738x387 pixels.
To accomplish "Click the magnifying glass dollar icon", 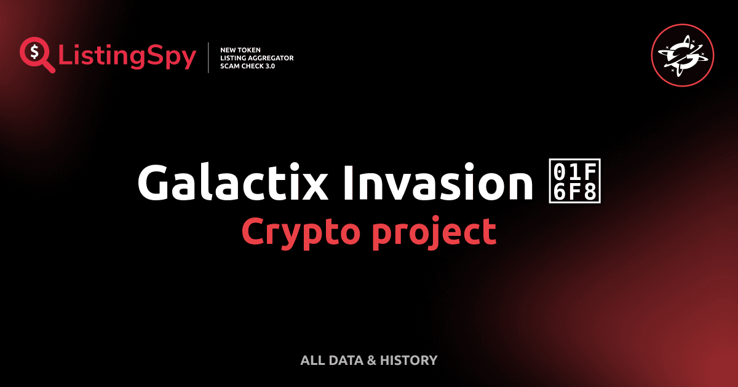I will pyautogui.click(x=36, y=54).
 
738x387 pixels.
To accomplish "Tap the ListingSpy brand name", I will pyautogui.click(x=127, y=57).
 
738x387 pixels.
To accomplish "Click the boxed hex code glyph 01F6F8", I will pyautogui.click(x=576, y=183).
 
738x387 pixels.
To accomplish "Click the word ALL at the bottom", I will pyautogui.click(x=312, y=361).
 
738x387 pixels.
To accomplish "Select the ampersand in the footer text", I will pyautogui.click(x=371, y=361).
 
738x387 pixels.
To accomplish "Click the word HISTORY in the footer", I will pyautogui.click(x=409, y=361).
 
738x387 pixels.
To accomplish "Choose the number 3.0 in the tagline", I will pyautogui.click(x=268, y=66).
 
